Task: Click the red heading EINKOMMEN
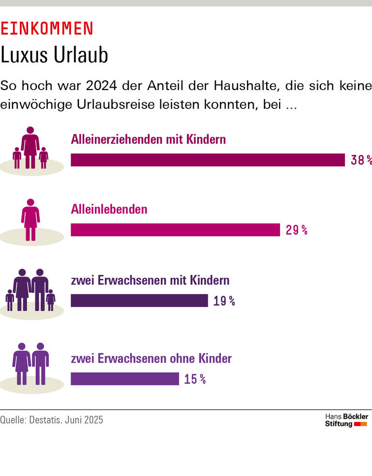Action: pos(46,29)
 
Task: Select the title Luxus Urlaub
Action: pos(54,56)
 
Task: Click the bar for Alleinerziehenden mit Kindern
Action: pos(207,160)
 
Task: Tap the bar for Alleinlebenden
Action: pos(175,230)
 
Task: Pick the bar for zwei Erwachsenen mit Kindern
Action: pos(139,301)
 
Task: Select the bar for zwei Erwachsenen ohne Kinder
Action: pos(124,379)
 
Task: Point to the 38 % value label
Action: pos(361,160)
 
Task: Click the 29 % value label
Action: pos(296,230)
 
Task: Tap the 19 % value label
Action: pos(224,301)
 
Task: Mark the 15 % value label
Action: pos(195,379)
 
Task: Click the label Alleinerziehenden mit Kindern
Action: pos(148,140)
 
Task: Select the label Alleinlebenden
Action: pos(109,210)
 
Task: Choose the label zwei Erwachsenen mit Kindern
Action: pos(150,281)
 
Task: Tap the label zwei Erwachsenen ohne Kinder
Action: pos(151,359)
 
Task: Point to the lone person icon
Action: pos(31,220)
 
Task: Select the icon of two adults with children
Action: pos(31,291)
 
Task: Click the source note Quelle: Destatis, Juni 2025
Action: pos(52,420)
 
